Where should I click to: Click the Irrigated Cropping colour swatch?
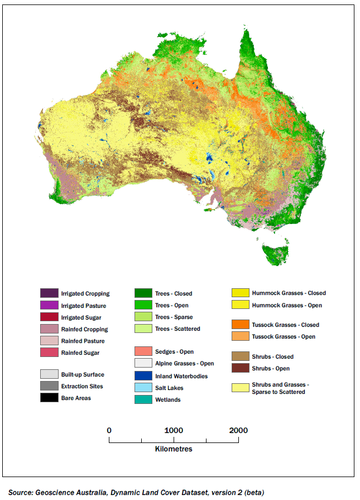click(x=49, y=293)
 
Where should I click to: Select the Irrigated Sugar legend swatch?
click(x=49, y=317)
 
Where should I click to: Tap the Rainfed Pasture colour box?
click(x=49, y=341)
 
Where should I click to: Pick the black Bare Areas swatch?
click(x=49, y=398)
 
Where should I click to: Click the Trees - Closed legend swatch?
click(x=143, y=293)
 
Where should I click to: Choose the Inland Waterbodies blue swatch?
click(x=143, y=376)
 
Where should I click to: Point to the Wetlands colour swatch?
click(x=143, y=399)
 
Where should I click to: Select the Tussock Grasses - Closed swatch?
click(x=241, y=325)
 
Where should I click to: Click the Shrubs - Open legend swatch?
click(x=241, y=368)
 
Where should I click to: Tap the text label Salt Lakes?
click(x=169, y=388)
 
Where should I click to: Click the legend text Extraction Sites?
click(x=82, y=386)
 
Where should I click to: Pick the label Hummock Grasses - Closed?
click(x=289, y=293)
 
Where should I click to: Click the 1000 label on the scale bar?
click(x=174, y=430)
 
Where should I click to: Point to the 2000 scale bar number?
click(x=238, y=430)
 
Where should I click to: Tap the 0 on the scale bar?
click(x=109, y=430)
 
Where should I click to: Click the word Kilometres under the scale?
click(x=174, y=449)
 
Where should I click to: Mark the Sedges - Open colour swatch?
click(x=143, y=351)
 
